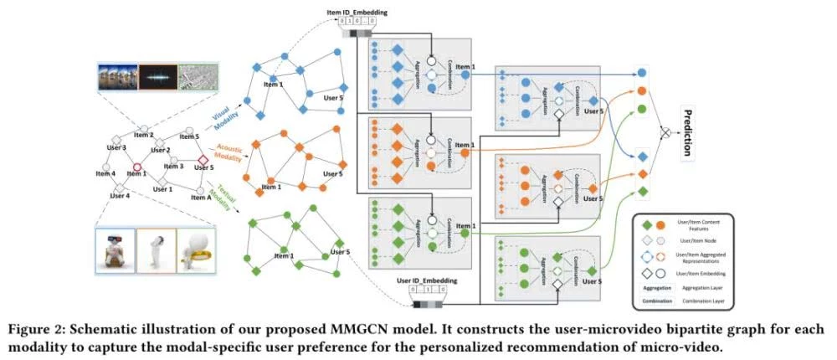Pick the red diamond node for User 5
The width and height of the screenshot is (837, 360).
tap(201, 157)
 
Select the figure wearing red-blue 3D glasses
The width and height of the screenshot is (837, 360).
tap(116, 249)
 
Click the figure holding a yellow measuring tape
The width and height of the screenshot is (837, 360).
tap(200, 249)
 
